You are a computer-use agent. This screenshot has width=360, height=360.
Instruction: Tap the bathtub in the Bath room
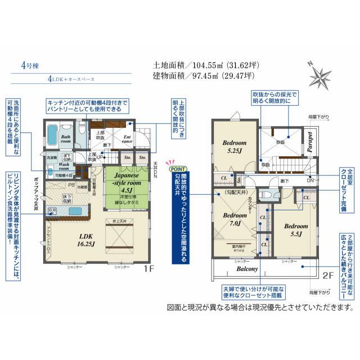click(x=51, y=135)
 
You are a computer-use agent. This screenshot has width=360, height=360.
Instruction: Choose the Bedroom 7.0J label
click(x=231, y=219)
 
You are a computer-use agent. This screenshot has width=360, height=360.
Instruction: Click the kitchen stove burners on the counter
click(x=53, y=211)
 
